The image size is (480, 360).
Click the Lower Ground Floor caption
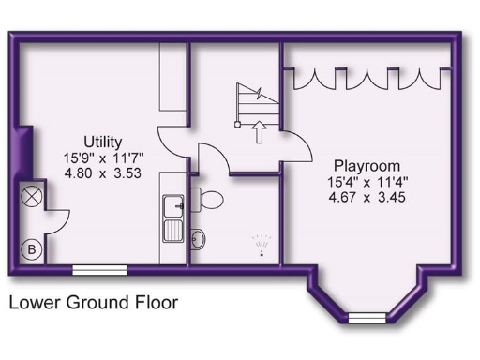coord(93,303)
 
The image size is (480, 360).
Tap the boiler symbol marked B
coord(31,249)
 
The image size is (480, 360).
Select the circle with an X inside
coord(31,197)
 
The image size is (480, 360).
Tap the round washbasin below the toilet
coord(199,238)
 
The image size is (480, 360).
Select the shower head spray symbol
coord(262,244)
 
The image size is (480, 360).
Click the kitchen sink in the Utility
coord(173,216)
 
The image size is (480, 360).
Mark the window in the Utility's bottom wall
coord(99,269)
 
